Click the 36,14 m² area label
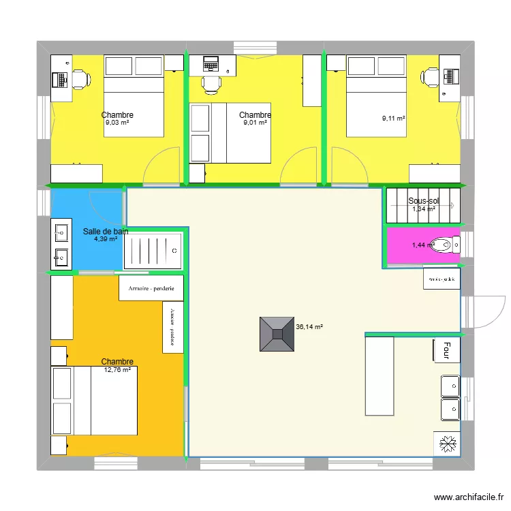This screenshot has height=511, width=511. click(309, 327)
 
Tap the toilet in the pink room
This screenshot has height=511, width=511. click(447, 245)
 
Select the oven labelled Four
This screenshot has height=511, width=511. click(446, 350)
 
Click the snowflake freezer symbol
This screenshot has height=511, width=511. click(448, 445)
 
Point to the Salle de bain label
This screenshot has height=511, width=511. click(106, 232)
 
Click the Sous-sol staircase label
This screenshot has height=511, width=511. click(424, 201)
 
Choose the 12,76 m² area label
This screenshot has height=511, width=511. click(117, 370)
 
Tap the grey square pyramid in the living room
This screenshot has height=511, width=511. click(277, 335)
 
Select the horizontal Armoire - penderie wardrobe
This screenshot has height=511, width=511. click(151, 288)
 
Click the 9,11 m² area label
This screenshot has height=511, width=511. click(394, 119)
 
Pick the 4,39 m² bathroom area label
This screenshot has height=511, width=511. click(106, 239)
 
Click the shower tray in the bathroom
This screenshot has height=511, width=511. click(153, 251)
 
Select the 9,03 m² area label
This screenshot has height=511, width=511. click(117, 123)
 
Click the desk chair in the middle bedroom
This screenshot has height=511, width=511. click(211, 84)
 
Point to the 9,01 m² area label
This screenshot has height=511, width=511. click(255, 123)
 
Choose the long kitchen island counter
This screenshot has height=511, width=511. click(380, 376)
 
